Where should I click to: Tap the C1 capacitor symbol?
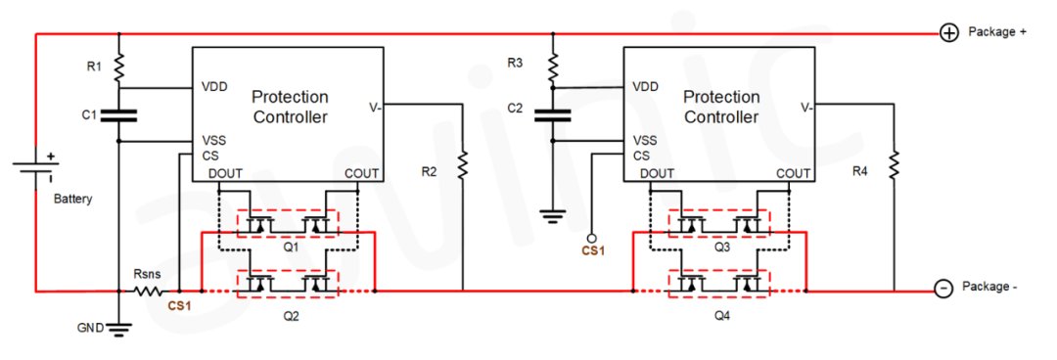(x=118, y=115)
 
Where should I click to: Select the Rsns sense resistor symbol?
(x=149, y=292)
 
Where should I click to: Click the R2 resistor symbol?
(x=463, y=165)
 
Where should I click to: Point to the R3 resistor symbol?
(x=553, y=67)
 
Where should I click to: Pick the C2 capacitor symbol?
(x=553, y=114)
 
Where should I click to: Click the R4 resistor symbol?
(x=894, y=165)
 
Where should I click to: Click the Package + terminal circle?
(x=949, y=32)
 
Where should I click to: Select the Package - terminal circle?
(x=943, y=288)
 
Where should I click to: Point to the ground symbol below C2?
(x=553, y=218)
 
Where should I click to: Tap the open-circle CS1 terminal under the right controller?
(x=592, y=238)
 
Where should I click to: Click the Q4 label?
(x=722, y=316)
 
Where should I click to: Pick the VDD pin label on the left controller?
(x=214, y=87)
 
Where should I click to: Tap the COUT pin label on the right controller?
(x=793, y=174)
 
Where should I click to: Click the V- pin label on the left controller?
(x=376, y=107)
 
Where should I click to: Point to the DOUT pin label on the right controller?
(x=658, y=174)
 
